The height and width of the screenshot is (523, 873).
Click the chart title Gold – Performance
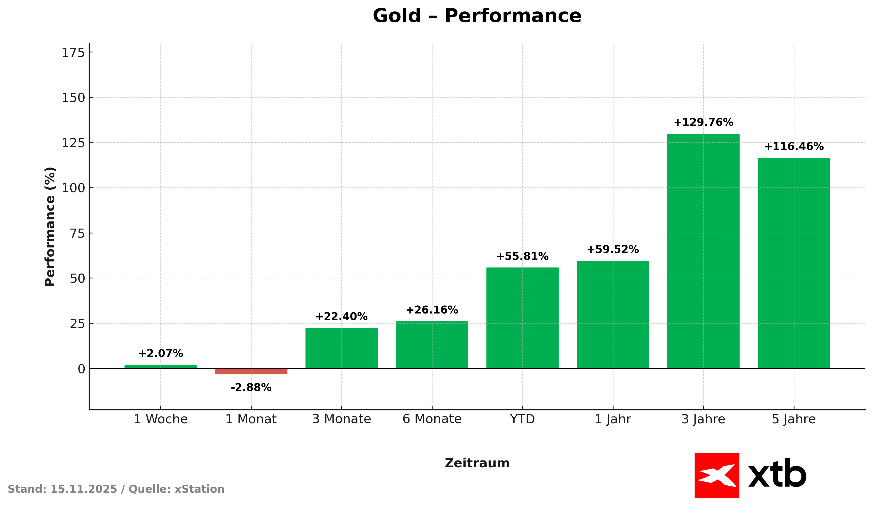[477, 16]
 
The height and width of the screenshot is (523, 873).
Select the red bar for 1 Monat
[251, 371]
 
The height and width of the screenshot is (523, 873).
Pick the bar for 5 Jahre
[793, 263]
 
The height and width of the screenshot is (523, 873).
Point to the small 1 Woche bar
[161, 367]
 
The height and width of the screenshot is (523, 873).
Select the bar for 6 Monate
[432, 345]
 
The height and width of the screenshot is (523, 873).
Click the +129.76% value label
[703, 123]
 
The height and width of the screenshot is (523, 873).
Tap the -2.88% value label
[251, 388]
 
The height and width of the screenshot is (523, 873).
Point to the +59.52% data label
[613, 249]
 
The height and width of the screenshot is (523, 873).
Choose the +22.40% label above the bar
[341, 317]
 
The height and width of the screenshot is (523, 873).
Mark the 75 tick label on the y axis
[78, 233]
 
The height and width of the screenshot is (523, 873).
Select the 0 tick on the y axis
[81, 369]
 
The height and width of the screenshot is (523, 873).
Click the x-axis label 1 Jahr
[613, 419]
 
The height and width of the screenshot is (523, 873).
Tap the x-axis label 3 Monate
[341, 419]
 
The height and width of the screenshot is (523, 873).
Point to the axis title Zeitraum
[477, 463]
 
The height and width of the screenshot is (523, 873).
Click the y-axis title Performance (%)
[50, 227]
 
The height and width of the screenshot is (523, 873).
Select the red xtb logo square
[717, 475]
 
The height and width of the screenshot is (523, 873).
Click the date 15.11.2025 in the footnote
[84, 489]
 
